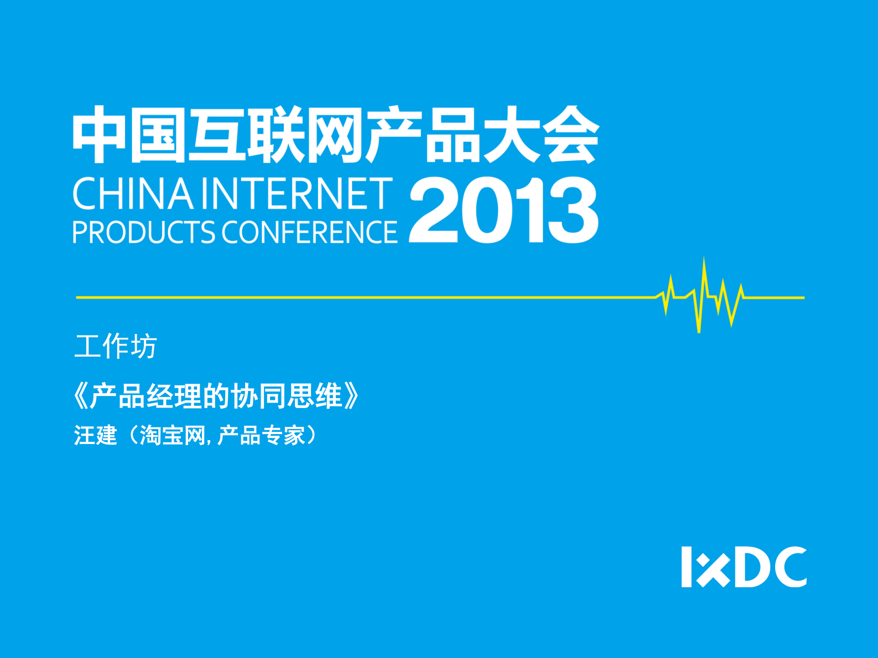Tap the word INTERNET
(298, 194)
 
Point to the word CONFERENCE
(310, 232)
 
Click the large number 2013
(504, 210)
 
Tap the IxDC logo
(744, 567)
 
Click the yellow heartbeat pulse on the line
(700, 296)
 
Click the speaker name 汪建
(95, 435)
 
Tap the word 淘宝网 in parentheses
(172, 435)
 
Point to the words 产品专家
(261, 435)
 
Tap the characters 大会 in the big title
(542, 134)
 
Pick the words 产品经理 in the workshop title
(146, 396)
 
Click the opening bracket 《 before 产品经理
(81, 396)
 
